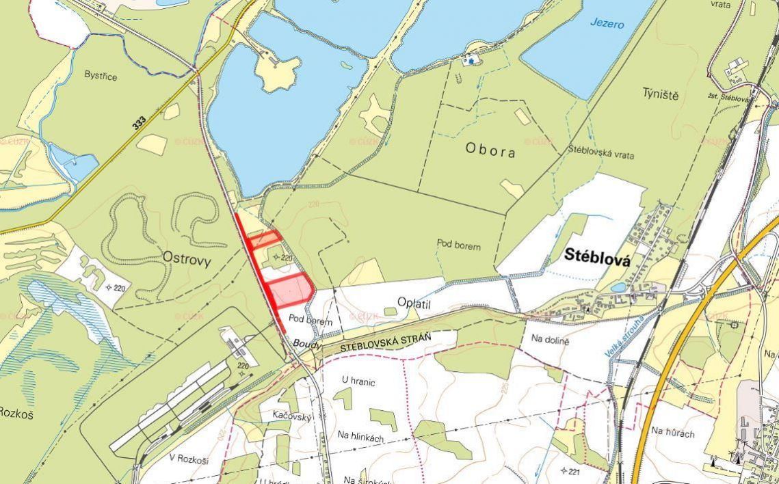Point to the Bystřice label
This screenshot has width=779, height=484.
coord(101,76)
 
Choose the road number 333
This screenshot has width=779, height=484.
coord(140,122)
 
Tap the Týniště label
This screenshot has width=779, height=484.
coord(660,94)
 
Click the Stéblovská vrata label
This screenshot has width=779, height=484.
coord(600,154)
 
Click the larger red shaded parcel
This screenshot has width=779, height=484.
coord(289,291)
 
